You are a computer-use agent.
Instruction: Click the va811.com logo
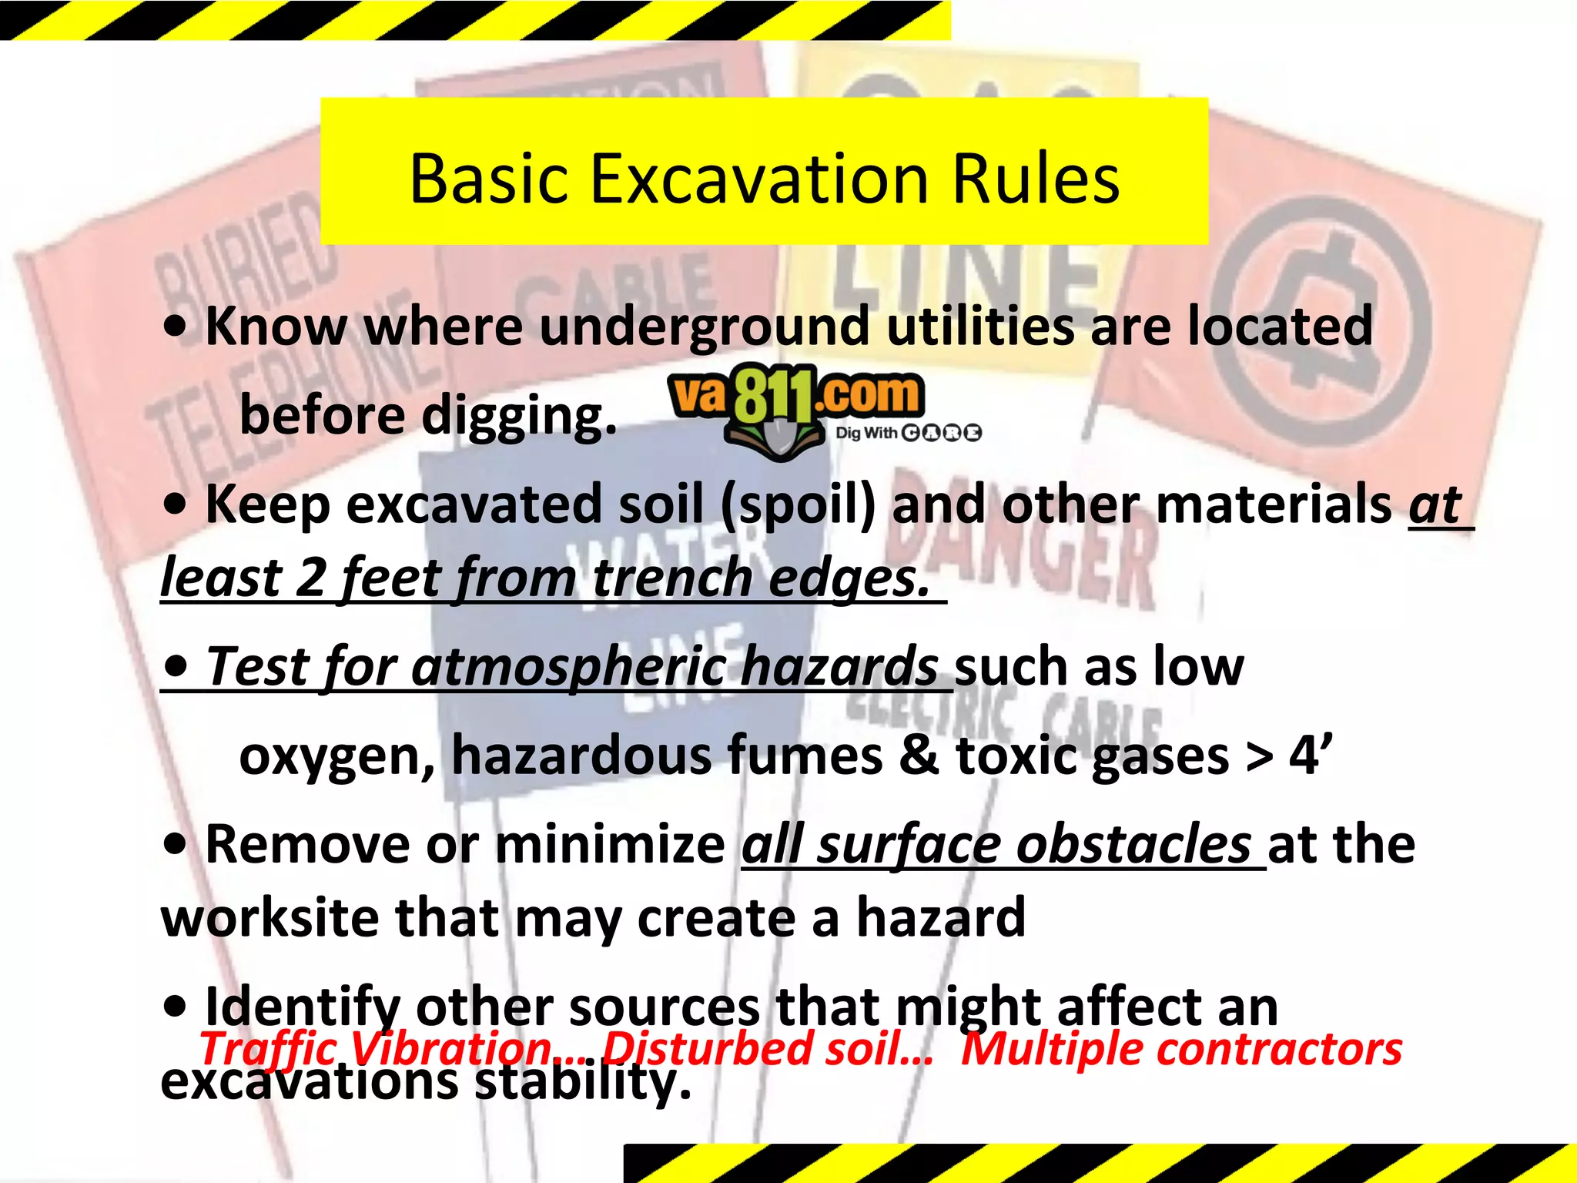[x=796, y=400]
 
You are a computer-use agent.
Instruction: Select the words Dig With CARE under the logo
[x=909, y=433]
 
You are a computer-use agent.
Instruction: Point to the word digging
[x=519, y=417]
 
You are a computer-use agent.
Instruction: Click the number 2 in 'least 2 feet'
[x=311, y=578]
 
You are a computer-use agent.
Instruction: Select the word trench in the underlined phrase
[x=672, y=578]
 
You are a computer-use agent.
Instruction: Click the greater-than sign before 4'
[x=1260, y=756]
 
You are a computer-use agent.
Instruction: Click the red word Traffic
[x=267, y=1050]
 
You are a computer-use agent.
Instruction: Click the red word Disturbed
[x=707, y=1050]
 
